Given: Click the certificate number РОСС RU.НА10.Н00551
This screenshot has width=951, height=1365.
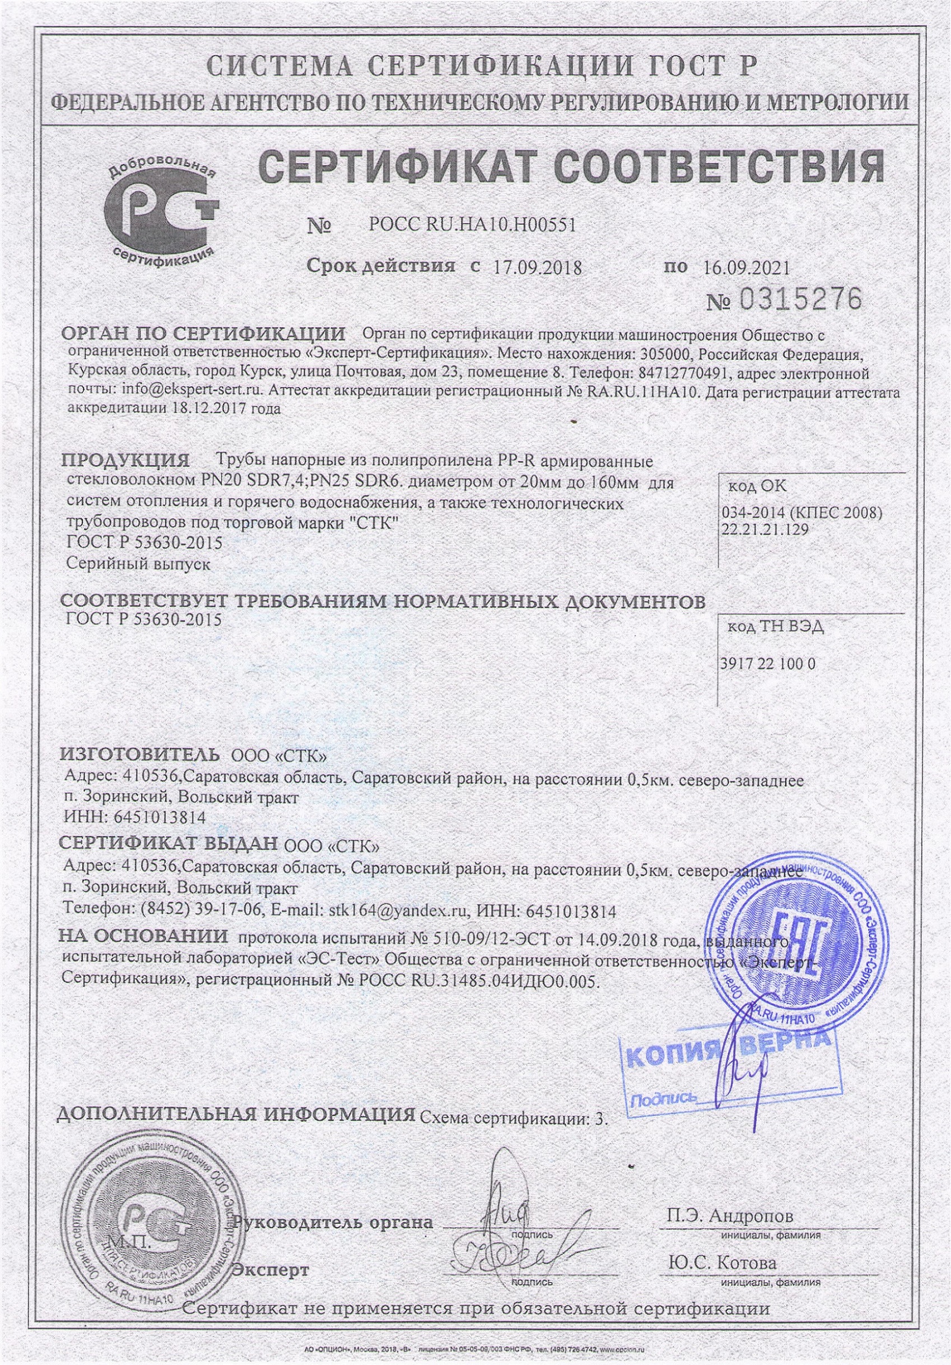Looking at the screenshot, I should click(472, 225).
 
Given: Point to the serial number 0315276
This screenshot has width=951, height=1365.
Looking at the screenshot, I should click(800, 299).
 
